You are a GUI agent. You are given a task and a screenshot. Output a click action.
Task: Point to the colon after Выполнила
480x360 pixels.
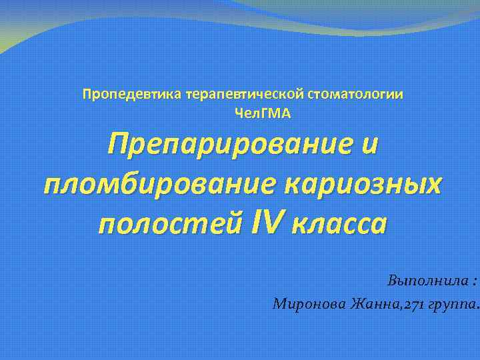[x=472, y=282]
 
